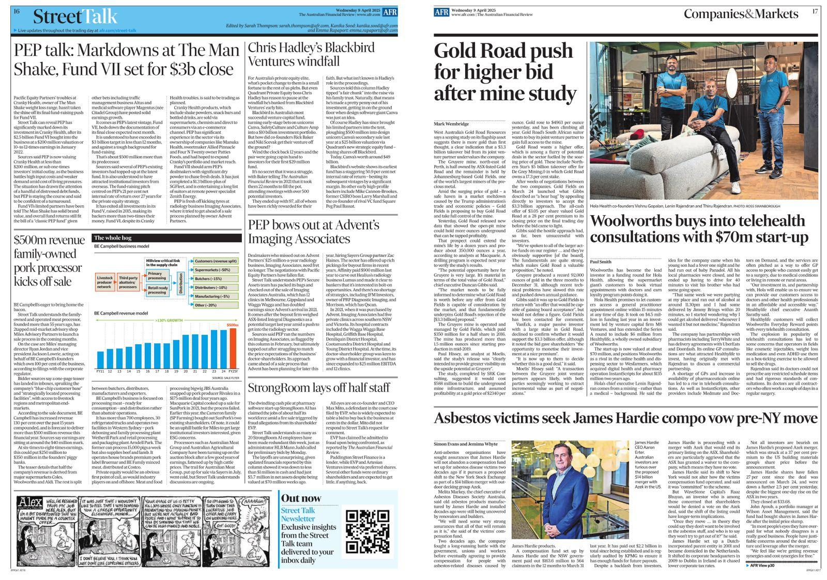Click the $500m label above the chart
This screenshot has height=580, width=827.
click(233, 325)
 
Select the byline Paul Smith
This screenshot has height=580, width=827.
click(601, 262)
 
